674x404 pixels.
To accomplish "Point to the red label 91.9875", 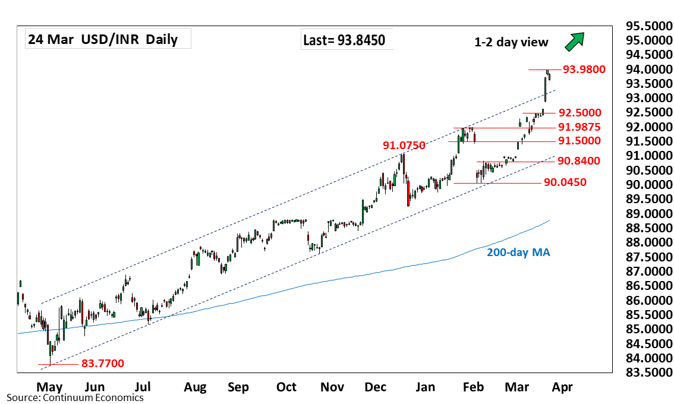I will (x=579, y=127).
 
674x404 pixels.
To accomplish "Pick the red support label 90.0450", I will (x=565, y=182).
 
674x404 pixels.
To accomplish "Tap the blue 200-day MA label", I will (x=518, y=252).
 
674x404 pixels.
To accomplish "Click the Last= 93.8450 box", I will (x=344, y=40).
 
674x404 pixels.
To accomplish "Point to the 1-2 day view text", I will (x=511, y=42).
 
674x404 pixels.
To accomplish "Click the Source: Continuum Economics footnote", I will (x=75, y=397).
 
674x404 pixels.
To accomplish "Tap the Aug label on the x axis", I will (x=195, y=387).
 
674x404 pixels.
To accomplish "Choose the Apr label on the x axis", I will (x=562, y=387).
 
